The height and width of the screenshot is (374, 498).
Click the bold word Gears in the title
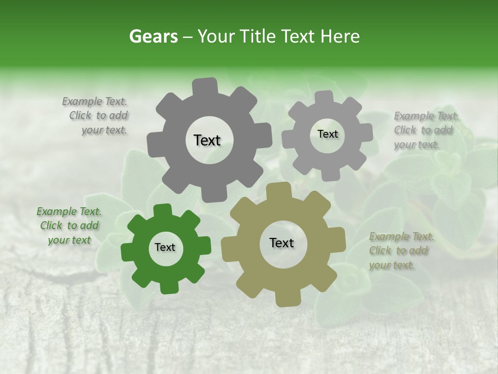[x=153, y=36]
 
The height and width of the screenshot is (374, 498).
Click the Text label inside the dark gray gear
[x=207, y=140]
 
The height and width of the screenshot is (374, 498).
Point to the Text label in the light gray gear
[x=327, y=134]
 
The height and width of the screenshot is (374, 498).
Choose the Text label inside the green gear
[x=165, y=248]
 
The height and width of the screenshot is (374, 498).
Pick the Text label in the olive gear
[x=282, y=243]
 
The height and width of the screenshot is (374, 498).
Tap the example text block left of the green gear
[x=69, y=226]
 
